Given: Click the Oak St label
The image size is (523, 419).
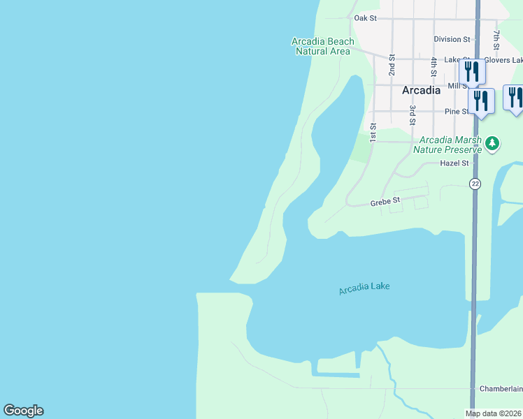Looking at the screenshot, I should tap(365, 17).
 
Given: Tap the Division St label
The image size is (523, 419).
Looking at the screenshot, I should tap(452, 40).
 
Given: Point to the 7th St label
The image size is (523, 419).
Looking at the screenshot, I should tap(496, 39).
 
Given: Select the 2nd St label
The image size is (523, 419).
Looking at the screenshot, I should tap(392, 64).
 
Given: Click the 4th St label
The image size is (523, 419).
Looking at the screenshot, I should tap(434, 66).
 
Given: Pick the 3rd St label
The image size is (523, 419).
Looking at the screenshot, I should tap(413, 115).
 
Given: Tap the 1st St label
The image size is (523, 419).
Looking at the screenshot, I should tap(373, 133).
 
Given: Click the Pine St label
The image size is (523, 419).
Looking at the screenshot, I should tap(457, 112).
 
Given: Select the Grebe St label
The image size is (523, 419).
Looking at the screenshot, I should tap(385, 201).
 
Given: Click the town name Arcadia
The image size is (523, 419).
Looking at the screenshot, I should tap(421, 90).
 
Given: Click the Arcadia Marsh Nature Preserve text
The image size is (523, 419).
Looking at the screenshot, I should tap(447, 145).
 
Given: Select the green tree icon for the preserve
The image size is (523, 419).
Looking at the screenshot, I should tap(493, 143).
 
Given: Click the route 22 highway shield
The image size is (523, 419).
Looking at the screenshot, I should tap(475, 184).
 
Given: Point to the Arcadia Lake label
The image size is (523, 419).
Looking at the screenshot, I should tap(364, 288).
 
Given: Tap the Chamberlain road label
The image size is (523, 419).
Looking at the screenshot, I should tap(501, 388).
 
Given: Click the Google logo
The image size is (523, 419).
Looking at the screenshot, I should tap(23, 411).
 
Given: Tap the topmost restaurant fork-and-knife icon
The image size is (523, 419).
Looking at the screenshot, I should tap(472, 71).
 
